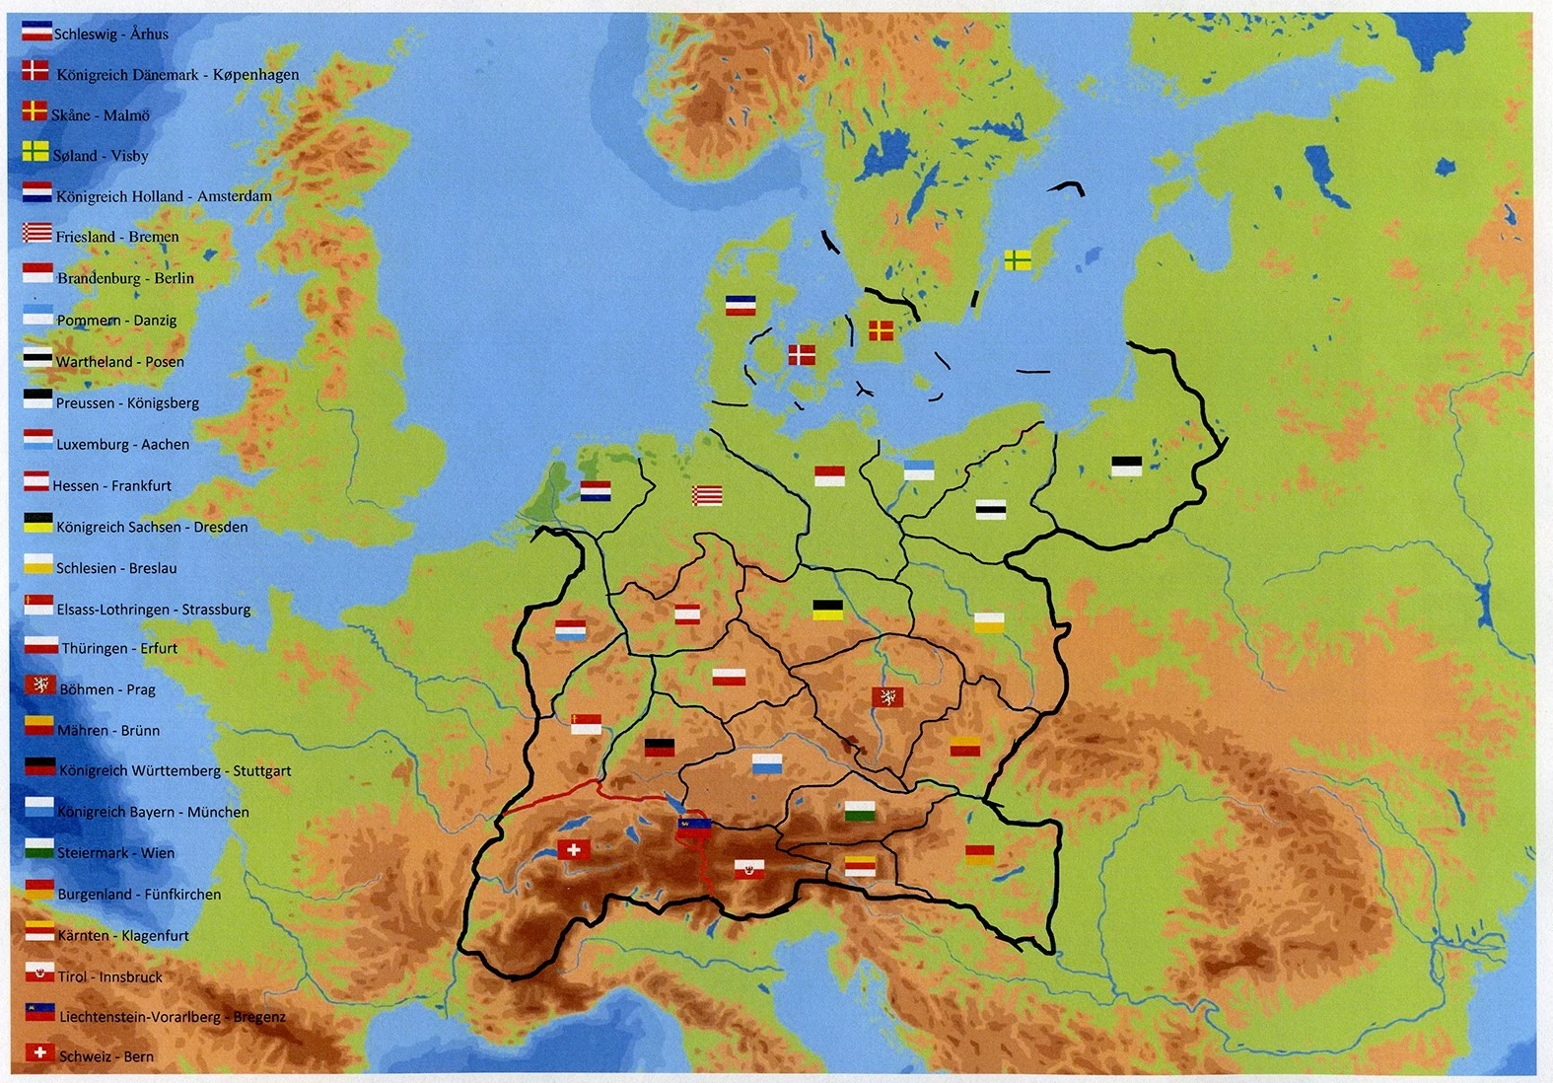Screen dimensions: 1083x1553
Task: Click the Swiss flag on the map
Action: pos(574,849)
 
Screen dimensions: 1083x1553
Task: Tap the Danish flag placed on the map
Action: pos(802,354)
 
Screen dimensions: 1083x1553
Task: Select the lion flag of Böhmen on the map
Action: pos(887,697)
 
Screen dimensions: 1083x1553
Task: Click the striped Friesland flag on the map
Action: pos(707,495)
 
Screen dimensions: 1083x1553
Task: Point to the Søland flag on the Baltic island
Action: pos(1018,260)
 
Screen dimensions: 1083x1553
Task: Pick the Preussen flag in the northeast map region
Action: pos(1126,466)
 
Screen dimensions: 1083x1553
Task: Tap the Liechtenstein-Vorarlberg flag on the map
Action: pos(693,826)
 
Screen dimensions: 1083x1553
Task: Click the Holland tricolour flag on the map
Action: pos(596,490)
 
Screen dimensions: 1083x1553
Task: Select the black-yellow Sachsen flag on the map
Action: pos(827,610)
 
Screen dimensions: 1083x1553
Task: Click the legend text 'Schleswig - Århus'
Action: pos(111,35)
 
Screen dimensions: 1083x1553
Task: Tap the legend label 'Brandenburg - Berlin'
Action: pos(125,278)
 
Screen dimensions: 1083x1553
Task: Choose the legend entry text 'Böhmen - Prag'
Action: pos(107,689)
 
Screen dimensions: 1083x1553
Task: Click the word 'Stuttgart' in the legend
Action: pos(262,771)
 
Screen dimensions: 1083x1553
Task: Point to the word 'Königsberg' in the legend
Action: pos(163,403)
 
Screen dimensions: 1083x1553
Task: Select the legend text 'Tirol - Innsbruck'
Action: pos(110,977)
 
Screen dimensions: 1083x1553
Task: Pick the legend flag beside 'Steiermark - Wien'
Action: pos(39,848)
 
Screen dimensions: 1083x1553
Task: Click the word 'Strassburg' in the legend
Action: pos(216,610)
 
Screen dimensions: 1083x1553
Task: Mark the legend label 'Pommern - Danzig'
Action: pos(116,321)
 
